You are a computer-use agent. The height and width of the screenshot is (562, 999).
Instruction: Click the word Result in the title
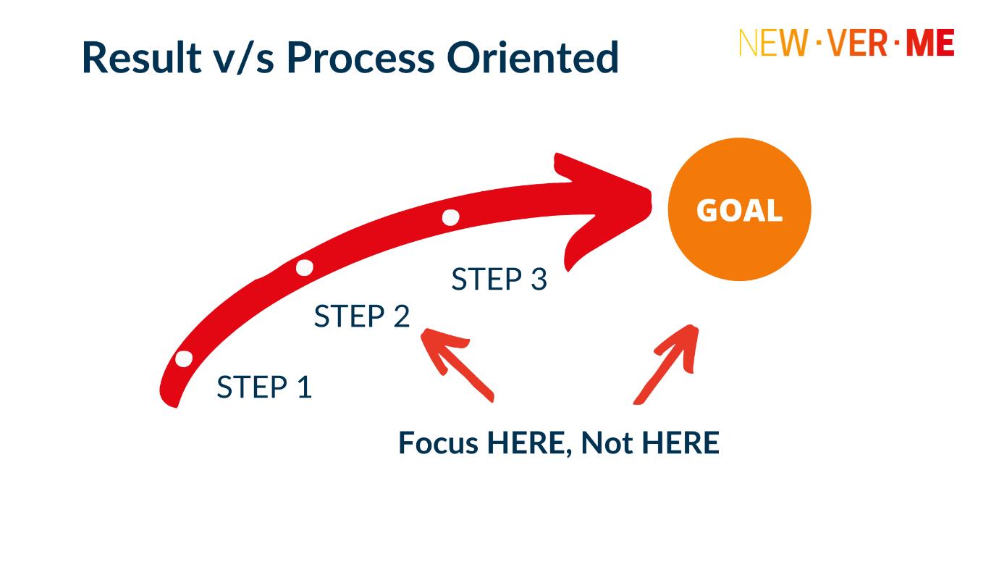click(x=142, y=57)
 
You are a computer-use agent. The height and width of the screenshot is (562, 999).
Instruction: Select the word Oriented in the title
click(x=533, y=57)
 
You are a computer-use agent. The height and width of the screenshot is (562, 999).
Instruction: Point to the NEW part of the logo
click(x=773, y=43)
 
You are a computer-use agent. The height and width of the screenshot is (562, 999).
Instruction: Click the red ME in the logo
click(x=930, y=43)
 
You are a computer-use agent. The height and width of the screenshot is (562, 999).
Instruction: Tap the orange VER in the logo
click(x=857, y=43)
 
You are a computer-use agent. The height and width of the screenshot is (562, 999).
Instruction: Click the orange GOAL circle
click(x=739, y=209)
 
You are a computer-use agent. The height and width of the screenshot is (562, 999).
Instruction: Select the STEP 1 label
click(x=264, y=387)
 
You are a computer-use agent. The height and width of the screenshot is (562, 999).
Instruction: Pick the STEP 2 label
click(x=362, y=316)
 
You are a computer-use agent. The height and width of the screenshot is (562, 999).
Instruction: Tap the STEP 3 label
click(x=499, y=280)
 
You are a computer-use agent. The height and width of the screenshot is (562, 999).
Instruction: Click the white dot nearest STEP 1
click(x=184, y=358)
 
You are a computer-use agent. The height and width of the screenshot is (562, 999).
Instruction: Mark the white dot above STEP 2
click(x=305, y=268)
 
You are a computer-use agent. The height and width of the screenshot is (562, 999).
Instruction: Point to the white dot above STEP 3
click(x=450, y=218)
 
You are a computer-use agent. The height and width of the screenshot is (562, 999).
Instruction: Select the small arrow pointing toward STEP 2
click(x=457, y=365)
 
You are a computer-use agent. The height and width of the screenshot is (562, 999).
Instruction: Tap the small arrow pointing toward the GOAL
click(x=666, y=364)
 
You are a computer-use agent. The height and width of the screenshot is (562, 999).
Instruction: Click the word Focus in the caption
click(x=439, y=443)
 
